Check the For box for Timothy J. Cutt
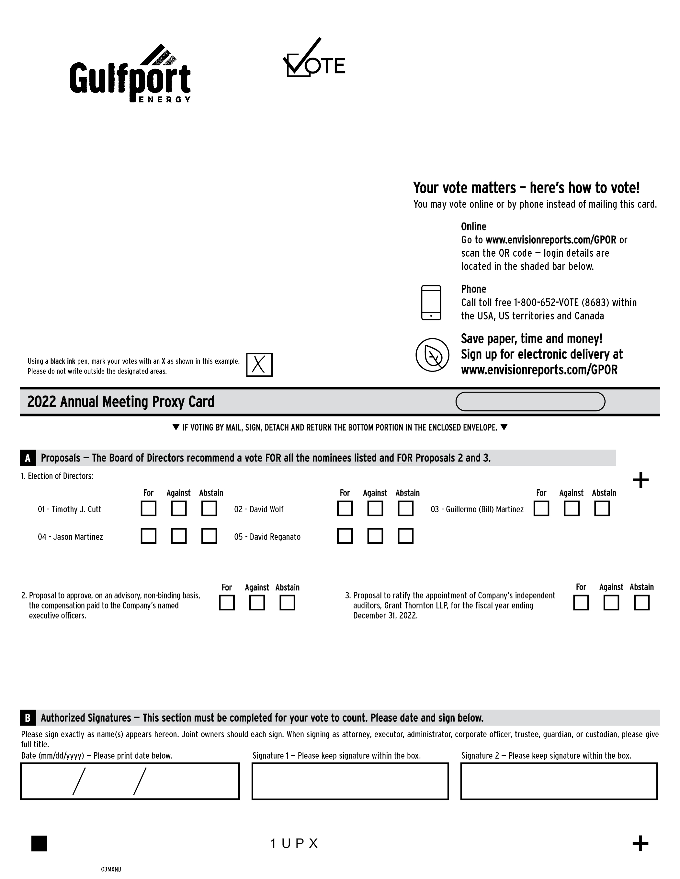149,508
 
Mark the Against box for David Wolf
375,508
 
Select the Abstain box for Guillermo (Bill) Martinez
602,508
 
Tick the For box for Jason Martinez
149,536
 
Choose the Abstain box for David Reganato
405,536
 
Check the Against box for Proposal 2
257,603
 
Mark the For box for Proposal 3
581,603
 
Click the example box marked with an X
259,365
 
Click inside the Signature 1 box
350,781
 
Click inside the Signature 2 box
559,781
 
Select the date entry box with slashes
130,781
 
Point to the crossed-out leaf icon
432,355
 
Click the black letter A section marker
28,458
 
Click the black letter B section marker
28,718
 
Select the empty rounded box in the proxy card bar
530,402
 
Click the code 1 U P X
294,844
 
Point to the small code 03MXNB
111,869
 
